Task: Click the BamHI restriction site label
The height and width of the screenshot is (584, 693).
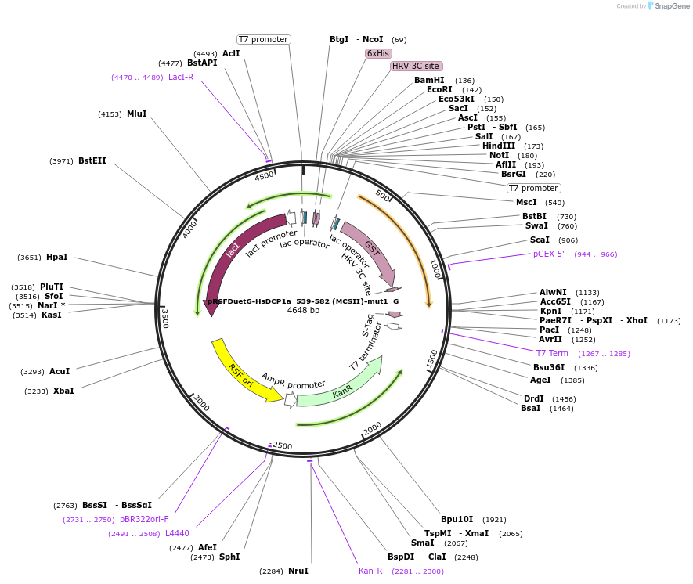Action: pyautogui.click(x=428, y=80)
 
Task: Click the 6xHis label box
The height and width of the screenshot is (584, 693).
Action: pyautogui.click(x=377, y=53)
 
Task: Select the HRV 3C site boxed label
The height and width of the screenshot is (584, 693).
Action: pyautogui.click(x=417, y=66)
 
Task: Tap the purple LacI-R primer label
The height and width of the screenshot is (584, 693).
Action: pyautogui.click(x=181, y=77)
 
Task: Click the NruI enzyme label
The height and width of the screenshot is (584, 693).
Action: pyautogui.click(x=298, y=571)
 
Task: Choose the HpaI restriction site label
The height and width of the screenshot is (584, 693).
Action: pyautogui.click(x=57, y=257)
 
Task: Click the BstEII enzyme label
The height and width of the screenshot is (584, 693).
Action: pyautogui.click(x=92, y=160)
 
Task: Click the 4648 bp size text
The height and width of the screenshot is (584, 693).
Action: pyautogui.click(x=303, y=311)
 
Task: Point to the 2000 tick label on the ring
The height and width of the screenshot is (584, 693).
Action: pyautogui.click(x=372, y=427)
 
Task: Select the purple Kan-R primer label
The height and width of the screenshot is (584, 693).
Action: pyautogui.click(x=370, y=571)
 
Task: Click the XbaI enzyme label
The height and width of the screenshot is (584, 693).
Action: pyautogui.click(x=63, y=391)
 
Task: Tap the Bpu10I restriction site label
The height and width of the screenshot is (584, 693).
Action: pyautogui.click(x=457, y=519)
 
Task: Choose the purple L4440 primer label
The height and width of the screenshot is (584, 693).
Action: pyautogui.click(x=177, y=533)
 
